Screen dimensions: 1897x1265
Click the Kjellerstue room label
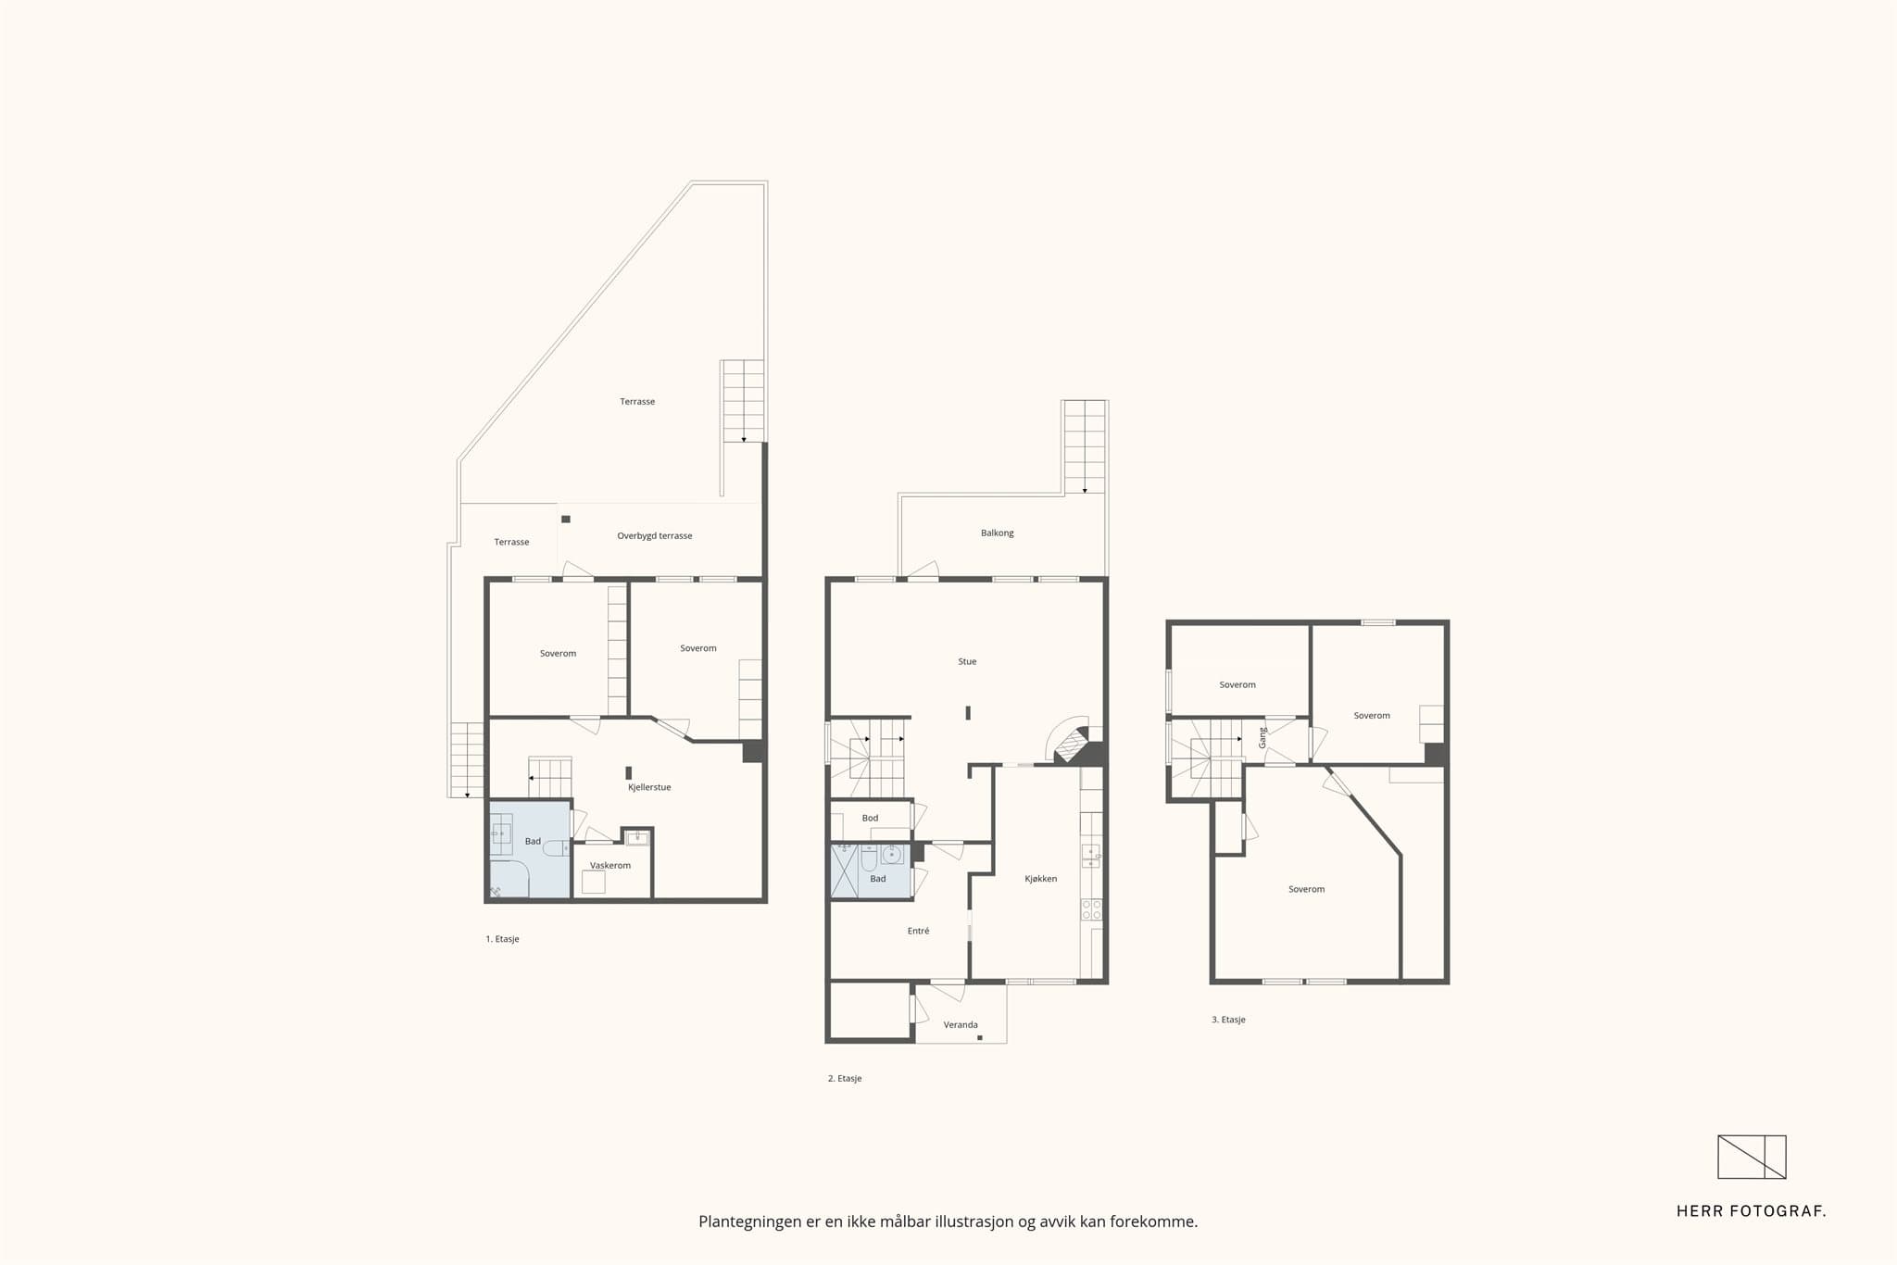coord(649,787)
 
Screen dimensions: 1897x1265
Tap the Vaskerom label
coord(610,866)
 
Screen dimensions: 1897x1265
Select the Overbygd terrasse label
coord(655,536)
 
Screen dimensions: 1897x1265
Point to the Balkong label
coord(998,533)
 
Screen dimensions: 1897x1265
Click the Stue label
coord(967,662)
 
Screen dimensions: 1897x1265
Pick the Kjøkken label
coord(1041,879)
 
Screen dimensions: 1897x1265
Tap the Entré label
coord(918,931)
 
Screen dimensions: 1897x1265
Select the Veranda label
coord(961,1025)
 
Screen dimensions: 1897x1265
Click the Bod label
coord(870,819)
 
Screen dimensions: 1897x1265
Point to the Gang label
coord(1263,738)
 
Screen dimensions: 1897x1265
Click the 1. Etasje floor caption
coord(502,939)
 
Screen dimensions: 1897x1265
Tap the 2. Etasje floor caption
coord(845,1079)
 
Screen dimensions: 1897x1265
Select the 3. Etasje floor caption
coord(1228,1020)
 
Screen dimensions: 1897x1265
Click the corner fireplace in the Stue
coord(1073,744)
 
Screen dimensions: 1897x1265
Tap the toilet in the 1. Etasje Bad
coord(556,848)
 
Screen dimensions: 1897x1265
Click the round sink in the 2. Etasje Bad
coord(892,854)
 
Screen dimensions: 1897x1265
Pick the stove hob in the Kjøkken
coord(1092,909)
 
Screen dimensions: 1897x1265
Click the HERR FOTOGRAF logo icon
coord(1752,1157)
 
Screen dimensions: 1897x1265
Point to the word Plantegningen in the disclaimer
coord(750,1222)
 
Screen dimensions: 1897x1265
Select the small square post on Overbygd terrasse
coord(566,520)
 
